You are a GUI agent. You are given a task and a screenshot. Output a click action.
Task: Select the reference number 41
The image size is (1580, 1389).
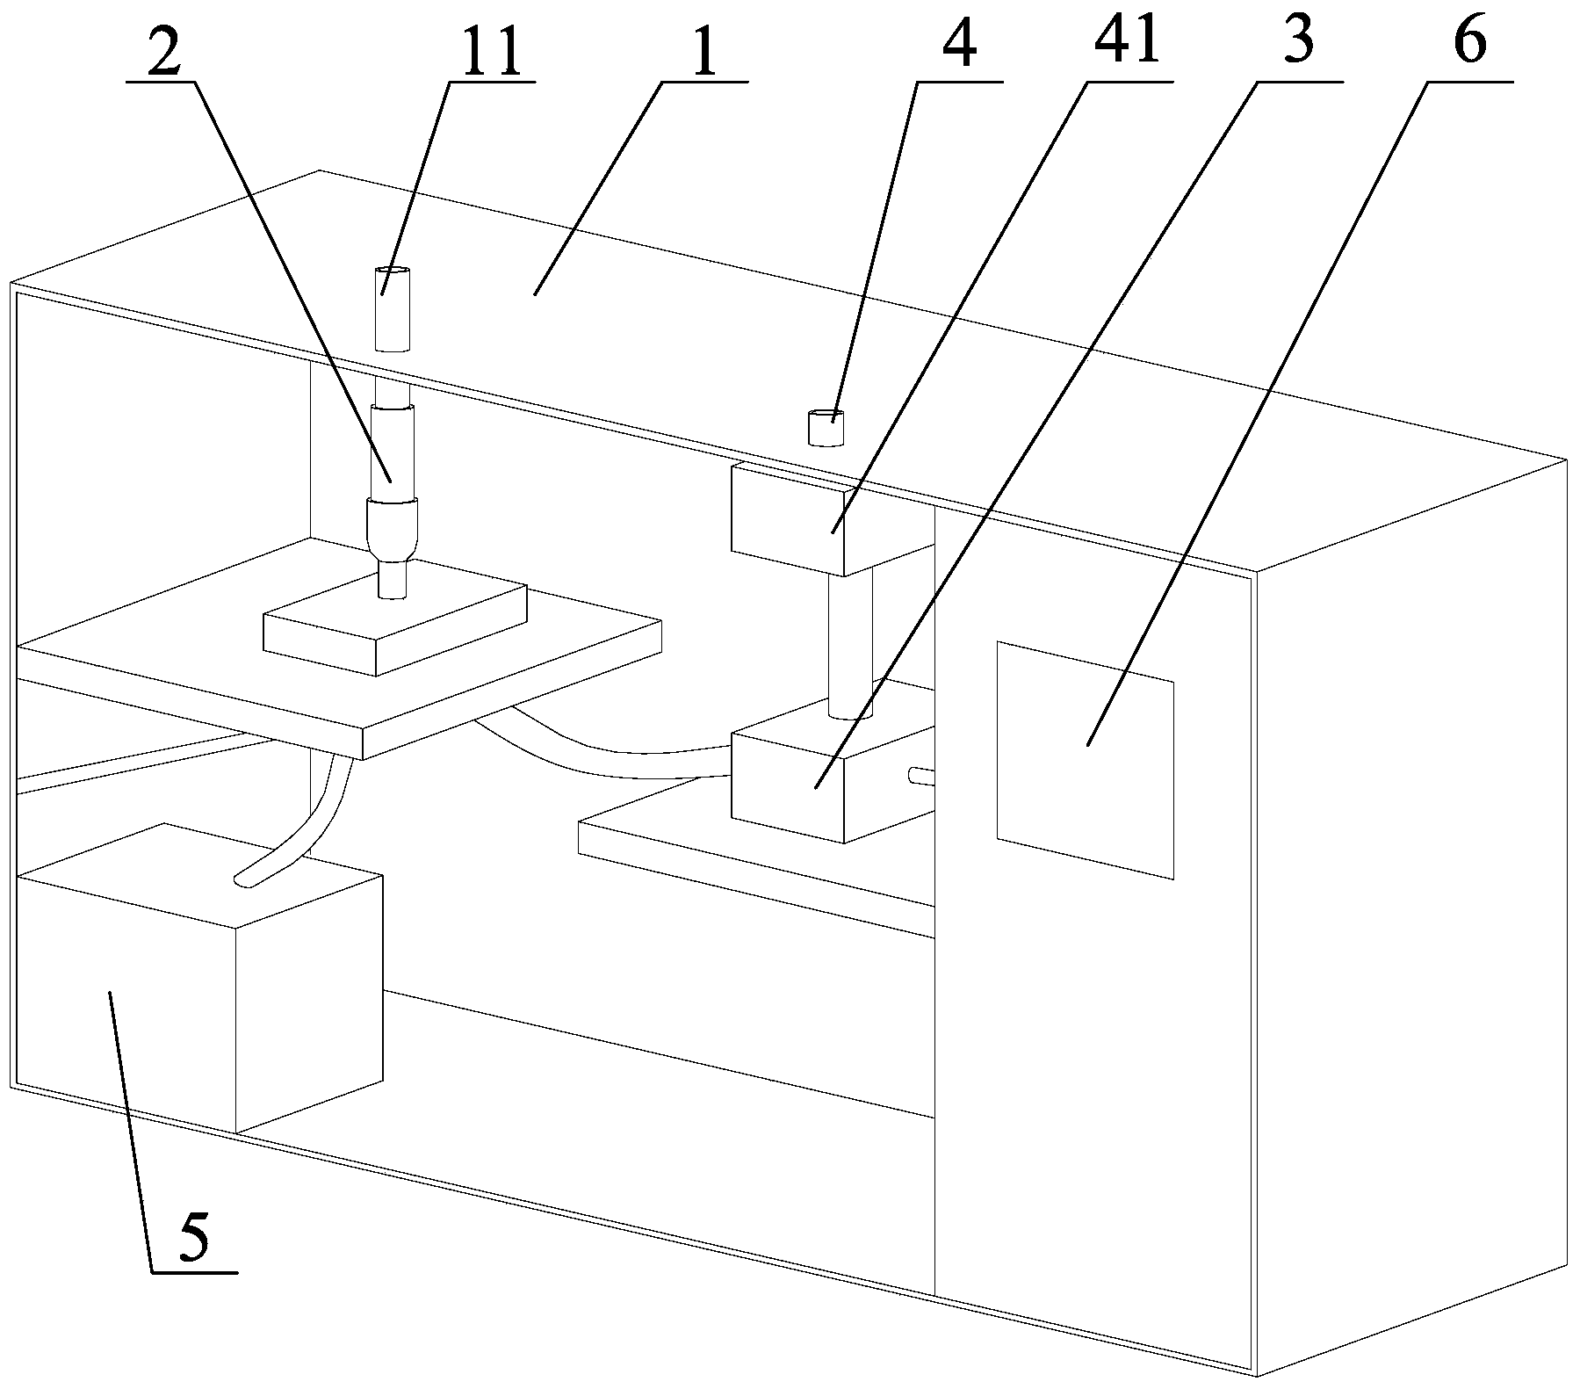coord(1129,42)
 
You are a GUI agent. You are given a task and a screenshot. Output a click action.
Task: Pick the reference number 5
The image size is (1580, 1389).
coord(194,1239)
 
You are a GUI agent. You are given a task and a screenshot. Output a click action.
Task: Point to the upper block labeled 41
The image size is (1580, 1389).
coord(787,518)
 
